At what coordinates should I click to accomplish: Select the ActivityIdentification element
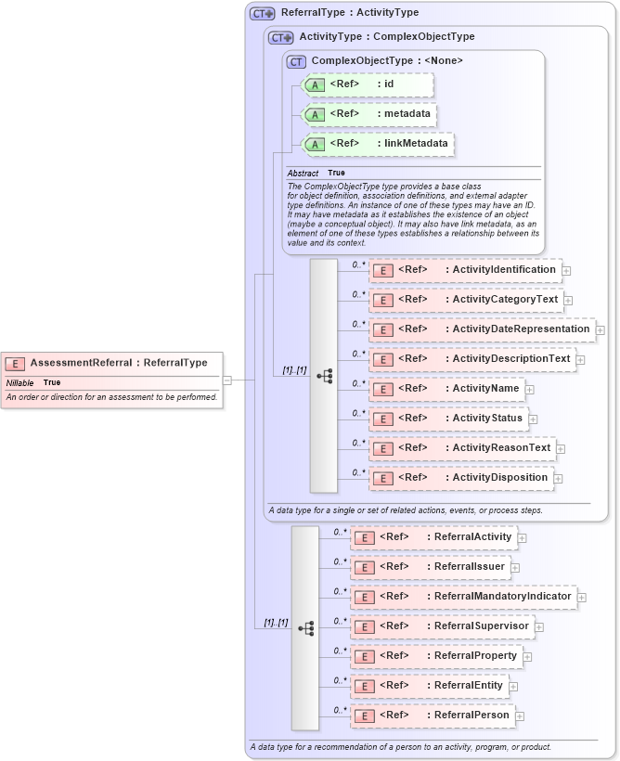coord(465,270)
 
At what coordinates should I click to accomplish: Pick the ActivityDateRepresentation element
coord(482,329)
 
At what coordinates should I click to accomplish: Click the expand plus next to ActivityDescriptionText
coord(580,360)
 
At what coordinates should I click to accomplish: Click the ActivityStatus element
coord(449,419)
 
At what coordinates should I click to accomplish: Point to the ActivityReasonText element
coord(462,448)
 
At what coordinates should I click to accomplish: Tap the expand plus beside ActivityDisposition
coord(558,479)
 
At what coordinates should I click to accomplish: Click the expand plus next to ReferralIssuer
coord(515,568)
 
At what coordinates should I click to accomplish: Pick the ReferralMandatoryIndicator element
coord(463,596)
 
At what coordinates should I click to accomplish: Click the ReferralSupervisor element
coord(443,626)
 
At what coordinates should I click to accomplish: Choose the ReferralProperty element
coord(436,656)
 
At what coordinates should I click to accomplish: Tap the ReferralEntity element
coord(429,686)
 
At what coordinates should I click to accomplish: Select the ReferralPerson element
coord(433,716)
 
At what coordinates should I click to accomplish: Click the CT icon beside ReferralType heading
coord(263,13)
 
